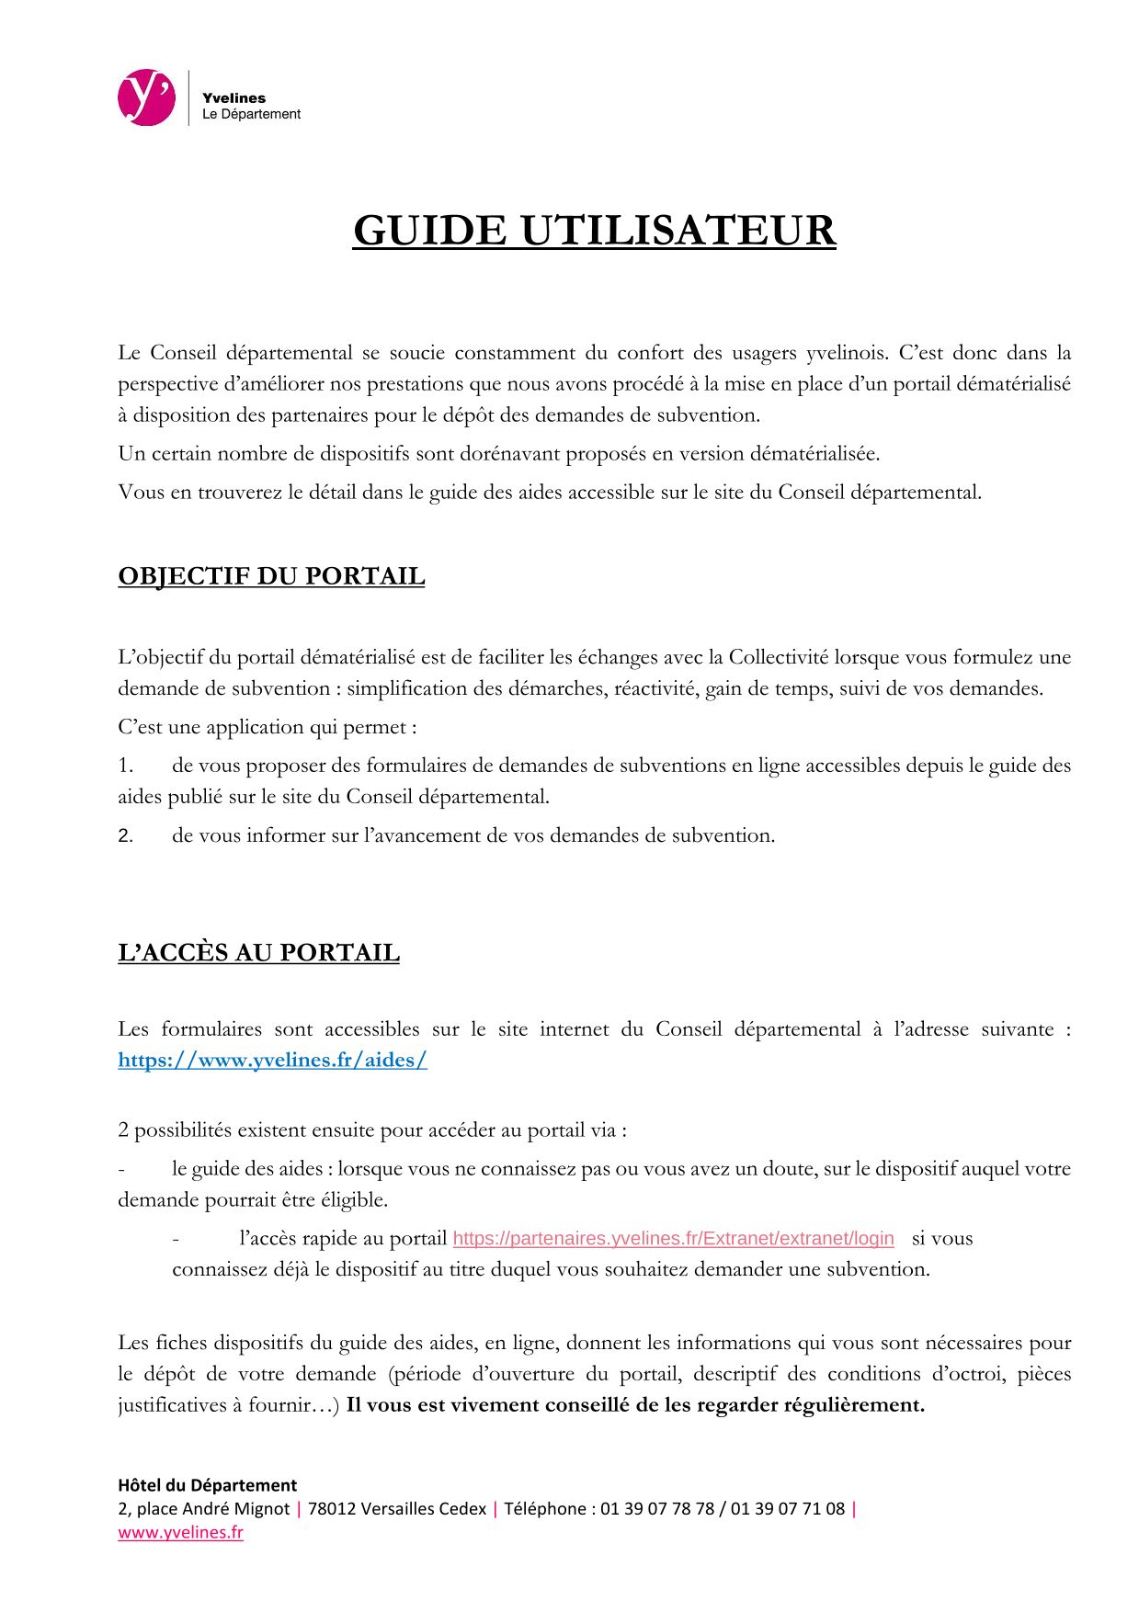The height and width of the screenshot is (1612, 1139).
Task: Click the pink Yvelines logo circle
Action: [146, 98]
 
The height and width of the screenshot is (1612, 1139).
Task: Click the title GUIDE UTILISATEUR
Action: [594, 231]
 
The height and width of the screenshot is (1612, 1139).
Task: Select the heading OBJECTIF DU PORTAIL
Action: [271, 576]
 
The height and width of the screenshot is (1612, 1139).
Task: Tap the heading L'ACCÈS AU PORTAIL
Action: [258, 952]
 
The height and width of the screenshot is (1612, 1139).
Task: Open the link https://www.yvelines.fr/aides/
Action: [272, 1060]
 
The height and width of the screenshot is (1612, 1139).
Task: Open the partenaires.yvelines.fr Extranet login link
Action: [673, 1238]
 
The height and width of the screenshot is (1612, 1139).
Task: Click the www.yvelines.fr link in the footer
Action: [180, 1532]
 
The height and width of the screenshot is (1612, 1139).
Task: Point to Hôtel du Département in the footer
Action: [208, 1484]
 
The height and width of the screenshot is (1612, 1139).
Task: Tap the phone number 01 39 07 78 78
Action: [657, 1508]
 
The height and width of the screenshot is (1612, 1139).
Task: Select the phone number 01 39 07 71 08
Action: [788, 1508]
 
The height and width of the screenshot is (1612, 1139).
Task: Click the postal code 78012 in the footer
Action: [332, 1508]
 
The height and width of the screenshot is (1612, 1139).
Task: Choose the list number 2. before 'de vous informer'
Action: [126, 836]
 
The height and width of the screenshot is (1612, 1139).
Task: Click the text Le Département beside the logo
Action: [251, 115]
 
